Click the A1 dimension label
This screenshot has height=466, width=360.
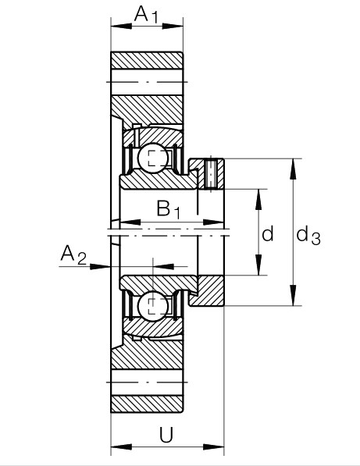coord(146,14)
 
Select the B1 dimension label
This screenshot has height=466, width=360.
coord(168,209)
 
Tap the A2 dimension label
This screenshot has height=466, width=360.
coord(73,254)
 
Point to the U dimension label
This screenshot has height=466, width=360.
coord(166,435)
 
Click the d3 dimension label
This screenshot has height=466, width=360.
coord(308,236)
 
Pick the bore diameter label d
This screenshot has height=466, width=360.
coord(268,233)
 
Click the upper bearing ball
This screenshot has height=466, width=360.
coord(153,158)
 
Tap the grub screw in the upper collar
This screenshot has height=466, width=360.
coord(210,174)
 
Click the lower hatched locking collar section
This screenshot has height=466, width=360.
coord(208,291)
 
